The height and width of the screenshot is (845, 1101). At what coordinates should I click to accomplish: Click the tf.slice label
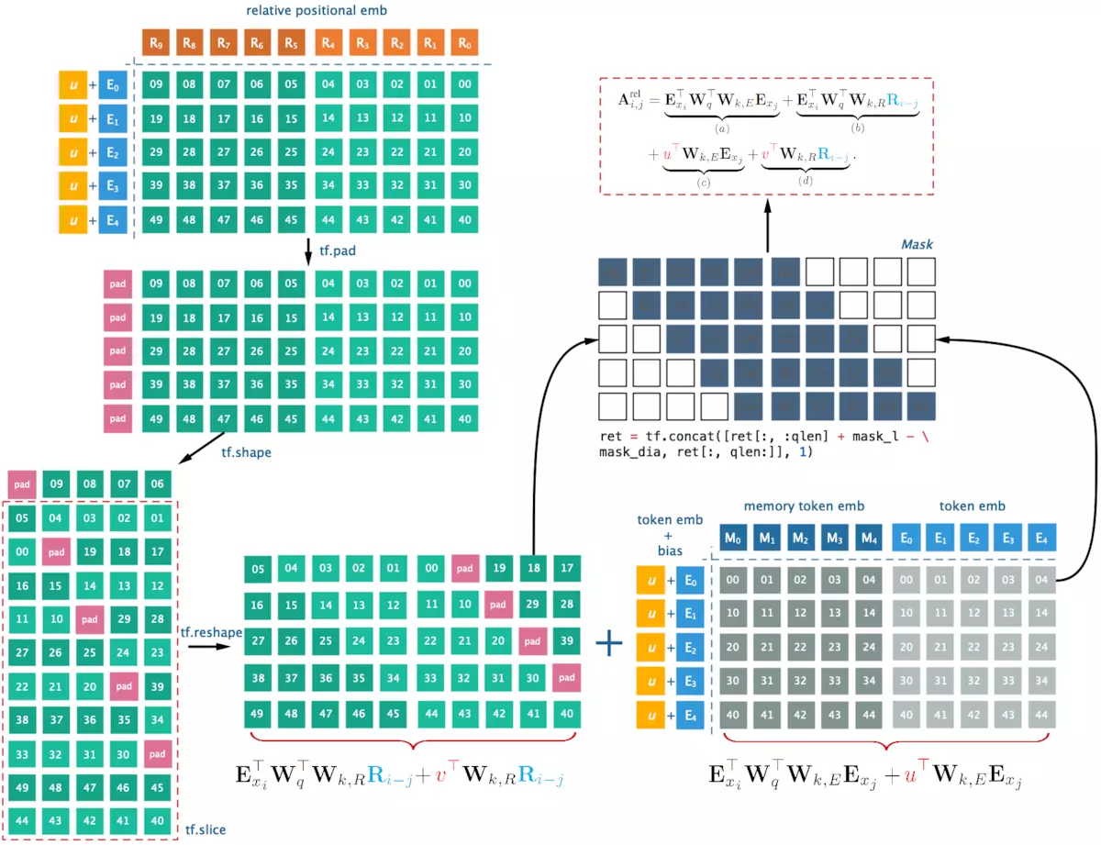tap(206, 830)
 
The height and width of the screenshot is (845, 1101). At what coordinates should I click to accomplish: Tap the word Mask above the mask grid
tap(917, 245)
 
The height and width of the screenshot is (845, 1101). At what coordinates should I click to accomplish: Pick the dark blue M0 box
tap(733, 538)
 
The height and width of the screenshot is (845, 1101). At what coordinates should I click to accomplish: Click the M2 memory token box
tap(801, 538)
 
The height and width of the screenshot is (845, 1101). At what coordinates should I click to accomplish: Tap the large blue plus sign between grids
tap(608, 643)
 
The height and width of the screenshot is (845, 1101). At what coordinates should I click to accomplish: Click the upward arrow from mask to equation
tap(767, 226)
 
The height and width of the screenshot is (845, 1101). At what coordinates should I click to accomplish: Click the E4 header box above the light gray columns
tap(1040, 538)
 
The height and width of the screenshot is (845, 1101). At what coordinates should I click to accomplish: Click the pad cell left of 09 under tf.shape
tap(21, 484)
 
